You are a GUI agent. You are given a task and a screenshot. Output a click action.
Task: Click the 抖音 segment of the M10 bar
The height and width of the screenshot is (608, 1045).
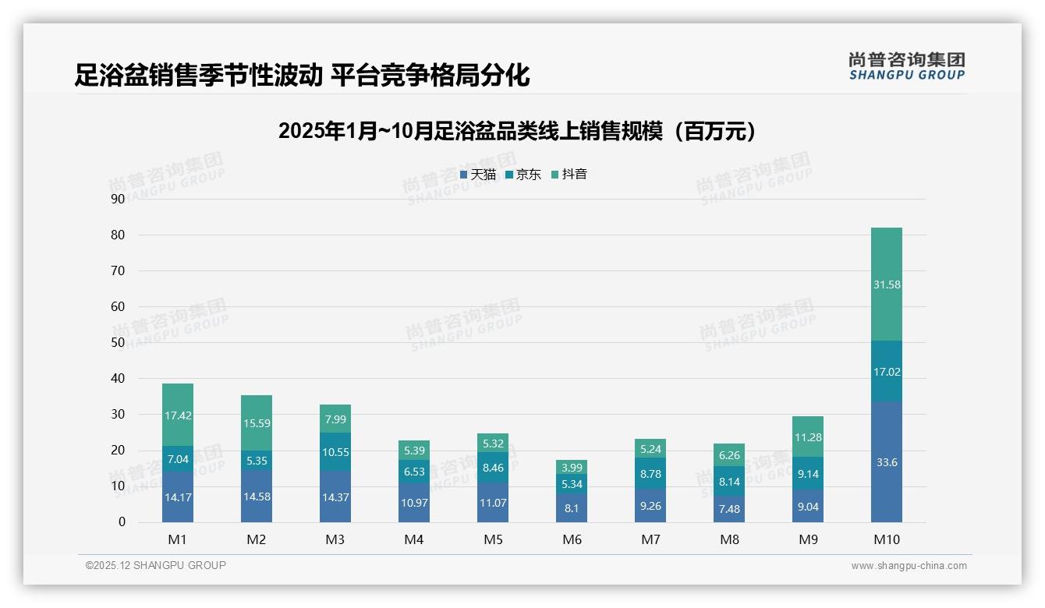(x=886, y=285)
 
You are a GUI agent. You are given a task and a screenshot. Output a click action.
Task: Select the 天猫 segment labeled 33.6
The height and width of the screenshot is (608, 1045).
(x=886, y=462)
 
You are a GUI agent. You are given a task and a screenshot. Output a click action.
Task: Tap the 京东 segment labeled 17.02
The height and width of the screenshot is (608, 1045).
(x=886, y=372)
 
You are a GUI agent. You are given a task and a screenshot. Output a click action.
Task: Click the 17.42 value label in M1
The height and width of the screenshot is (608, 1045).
(x=178, y=416)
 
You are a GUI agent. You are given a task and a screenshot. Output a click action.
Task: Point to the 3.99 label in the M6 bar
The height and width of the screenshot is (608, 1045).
(x=572, y=468)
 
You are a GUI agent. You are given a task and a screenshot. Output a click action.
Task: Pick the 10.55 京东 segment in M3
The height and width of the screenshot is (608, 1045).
(x=335, y=451)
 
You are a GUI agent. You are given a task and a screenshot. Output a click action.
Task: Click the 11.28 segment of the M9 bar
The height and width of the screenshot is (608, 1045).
(x=807, y=437)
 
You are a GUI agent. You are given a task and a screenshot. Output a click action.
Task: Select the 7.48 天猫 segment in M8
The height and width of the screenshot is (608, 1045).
(x=729, y=509)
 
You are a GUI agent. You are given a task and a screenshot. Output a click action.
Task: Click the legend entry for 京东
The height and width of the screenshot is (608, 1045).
(x=523, y=175)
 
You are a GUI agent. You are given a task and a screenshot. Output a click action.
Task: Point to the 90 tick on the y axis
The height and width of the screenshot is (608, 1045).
(x=118, y=199)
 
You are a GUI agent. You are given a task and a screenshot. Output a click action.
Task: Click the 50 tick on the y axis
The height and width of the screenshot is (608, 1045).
(x=118, y=342)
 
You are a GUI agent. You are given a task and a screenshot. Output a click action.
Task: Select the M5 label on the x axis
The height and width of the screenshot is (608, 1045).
(x=493, y=539)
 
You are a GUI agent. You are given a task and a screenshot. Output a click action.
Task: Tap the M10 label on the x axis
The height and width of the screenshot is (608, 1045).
(x=886, y=539)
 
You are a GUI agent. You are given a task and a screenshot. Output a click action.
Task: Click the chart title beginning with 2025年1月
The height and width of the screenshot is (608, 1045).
(x=517, y=131)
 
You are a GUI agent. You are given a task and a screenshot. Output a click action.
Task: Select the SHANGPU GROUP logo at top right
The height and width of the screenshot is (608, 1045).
(x=906, y=66)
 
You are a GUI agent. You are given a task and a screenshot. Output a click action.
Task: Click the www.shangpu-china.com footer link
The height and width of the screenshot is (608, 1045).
(x=909, y=566)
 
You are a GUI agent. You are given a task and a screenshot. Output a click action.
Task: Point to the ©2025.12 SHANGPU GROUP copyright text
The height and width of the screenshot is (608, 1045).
(x=156, y=565)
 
